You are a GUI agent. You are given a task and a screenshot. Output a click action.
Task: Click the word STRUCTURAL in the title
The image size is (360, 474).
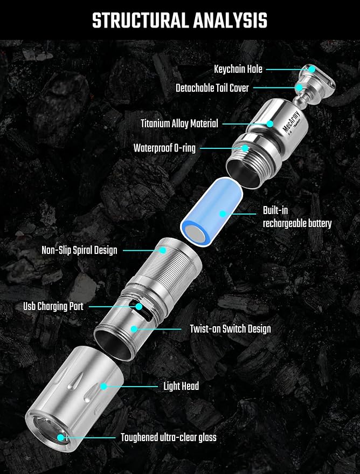click(x=141, y=20)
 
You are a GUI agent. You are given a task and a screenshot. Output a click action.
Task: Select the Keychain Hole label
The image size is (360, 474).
click(x=238, y=69)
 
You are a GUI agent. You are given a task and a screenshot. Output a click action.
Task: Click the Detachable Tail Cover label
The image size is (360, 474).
click(x=212, y=88)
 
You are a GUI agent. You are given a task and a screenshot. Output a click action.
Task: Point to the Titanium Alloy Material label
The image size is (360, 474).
click(x=179, y=123)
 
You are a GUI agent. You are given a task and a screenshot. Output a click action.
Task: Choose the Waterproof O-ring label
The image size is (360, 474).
click(x=164, y=148)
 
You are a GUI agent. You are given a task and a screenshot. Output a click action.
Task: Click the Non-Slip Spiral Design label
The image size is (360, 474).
click(x=79, y=250)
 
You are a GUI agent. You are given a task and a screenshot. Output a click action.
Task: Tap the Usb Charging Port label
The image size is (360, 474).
click(x=53, y=306)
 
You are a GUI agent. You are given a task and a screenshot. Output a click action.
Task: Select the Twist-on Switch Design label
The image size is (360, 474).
click(x=230, y=328)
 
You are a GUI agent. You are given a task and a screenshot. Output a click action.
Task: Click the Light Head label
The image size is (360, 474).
click(x=181, y=386)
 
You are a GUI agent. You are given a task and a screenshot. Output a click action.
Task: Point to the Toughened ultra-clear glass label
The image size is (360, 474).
click(x=169, y=437)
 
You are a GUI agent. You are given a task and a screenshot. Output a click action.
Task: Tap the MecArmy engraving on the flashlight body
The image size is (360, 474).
click(x=291, y=121)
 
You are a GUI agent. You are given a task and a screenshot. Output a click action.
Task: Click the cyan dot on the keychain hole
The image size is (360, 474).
click(x=311, y=69)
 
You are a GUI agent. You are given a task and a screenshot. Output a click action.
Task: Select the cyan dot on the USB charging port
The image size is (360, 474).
click(x=139, y=306)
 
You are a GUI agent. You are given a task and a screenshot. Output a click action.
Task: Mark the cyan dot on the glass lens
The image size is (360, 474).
click(x=61, y=437)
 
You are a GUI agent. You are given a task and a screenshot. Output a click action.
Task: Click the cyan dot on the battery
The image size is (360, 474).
click(x=223, y=214)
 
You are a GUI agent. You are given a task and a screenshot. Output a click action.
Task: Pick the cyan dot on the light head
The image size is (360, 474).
click(x=104, y=386)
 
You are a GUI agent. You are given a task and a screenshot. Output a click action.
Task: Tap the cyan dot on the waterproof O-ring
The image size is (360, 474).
click(x=245, y=148)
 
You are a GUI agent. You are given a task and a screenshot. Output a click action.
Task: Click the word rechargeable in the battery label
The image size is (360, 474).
click(x=285, y=224)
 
